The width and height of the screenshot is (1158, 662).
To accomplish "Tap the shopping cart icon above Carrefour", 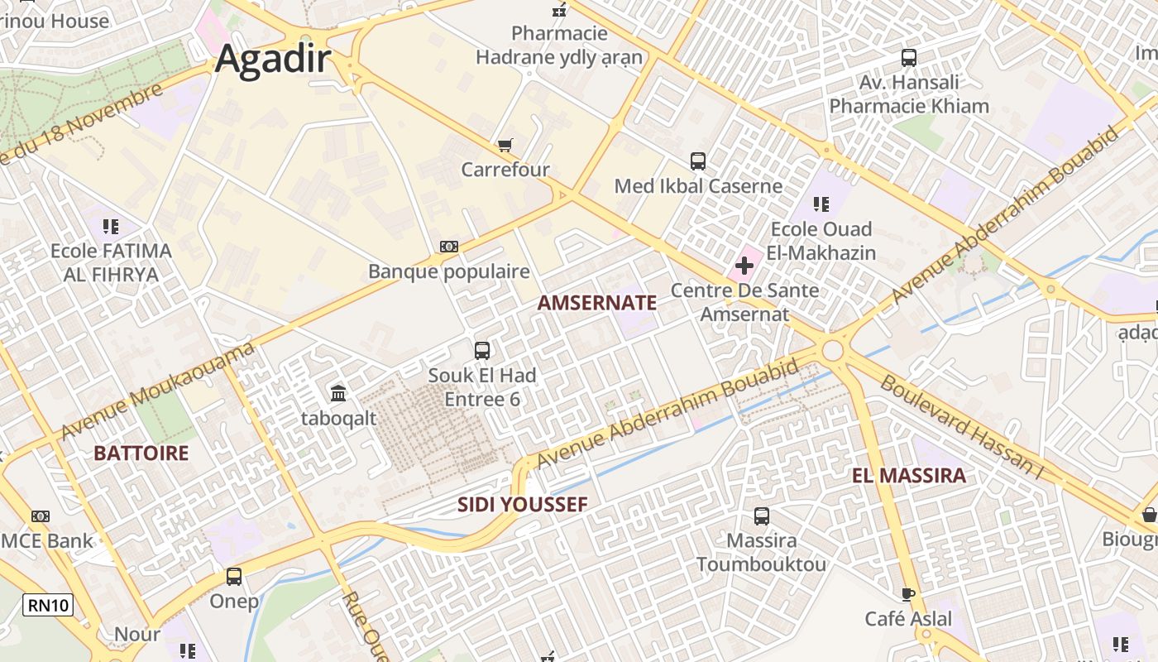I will point(505,145).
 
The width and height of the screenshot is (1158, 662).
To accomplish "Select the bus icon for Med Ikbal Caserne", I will point(697,161).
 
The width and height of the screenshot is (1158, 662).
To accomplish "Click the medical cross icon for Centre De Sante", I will point(744,266).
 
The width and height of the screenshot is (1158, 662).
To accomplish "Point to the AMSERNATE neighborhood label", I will point(596,303).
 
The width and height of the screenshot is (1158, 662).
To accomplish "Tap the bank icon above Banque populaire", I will point(449,246).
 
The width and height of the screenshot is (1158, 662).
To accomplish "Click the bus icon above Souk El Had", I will point(481,350).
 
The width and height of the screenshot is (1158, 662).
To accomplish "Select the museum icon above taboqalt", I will point(338,393).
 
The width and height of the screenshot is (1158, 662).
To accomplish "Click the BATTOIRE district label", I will point(141,453).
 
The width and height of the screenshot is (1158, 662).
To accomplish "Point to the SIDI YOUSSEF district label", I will point(522,505).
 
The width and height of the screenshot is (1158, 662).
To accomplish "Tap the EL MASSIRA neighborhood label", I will point(908,476).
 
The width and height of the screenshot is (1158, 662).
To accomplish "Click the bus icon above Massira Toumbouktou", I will point(761,516).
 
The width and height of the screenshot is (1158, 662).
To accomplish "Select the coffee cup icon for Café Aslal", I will point(907,594).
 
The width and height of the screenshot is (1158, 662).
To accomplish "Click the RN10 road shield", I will point(48,605).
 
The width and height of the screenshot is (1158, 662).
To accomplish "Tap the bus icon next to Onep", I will point(234,576).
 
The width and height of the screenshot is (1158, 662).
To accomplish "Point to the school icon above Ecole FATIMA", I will point(111,226).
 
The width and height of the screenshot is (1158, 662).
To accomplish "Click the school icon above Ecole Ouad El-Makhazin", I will point(821,204).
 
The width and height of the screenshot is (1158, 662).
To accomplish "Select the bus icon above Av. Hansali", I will point(908,58).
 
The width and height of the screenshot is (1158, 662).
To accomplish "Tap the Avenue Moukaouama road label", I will point(157,392).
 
